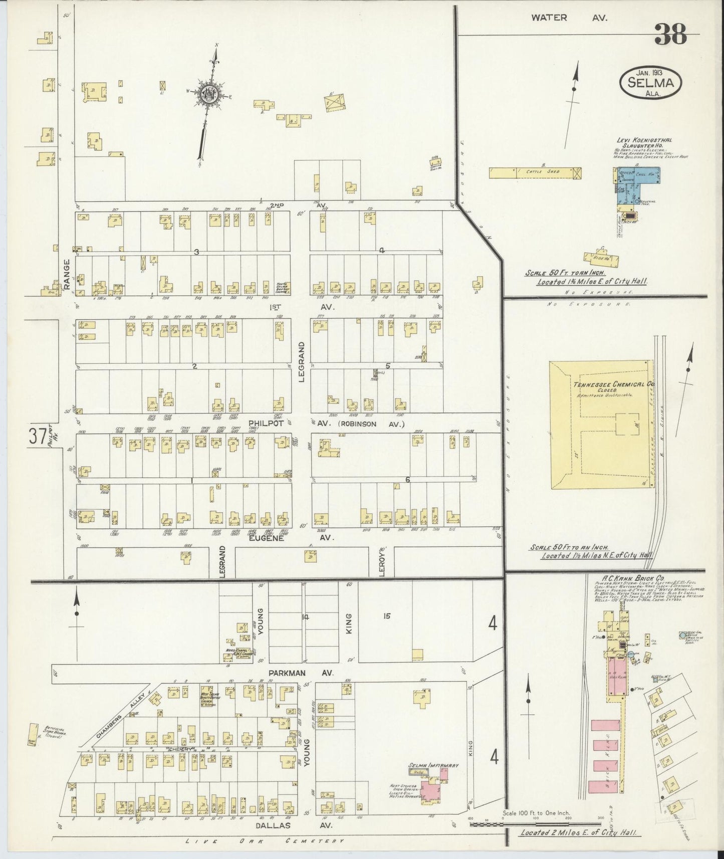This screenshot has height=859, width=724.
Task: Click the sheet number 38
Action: (x=669, y=36)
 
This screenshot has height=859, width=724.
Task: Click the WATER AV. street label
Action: (x=569, y=18)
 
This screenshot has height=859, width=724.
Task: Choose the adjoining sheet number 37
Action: (x=38, y=437)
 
